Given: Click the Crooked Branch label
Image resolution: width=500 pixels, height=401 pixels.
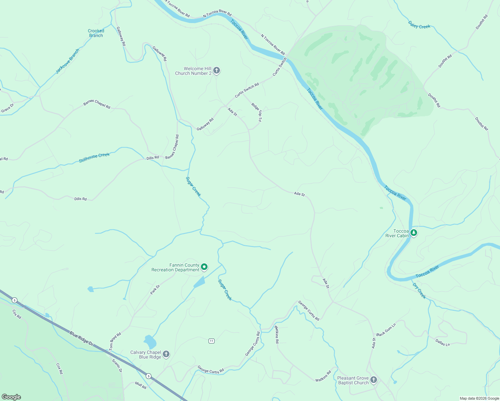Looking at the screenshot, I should [x=96, y=33].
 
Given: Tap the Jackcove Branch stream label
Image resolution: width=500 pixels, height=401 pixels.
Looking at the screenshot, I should [x=68, y=61].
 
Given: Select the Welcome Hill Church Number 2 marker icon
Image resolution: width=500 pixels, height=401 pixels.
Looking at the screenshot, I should [x=217, y=71].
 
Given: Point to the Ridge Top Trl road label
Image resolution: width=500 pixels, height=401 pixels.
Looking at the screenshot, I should [x=257, y=112].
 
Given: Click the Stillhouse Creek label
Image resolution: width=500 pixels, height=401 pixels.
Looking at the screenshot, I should [x=94, y=158].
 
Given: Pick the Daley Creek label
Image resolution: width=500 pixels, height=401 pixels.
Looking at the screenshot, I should [x=419, y=25].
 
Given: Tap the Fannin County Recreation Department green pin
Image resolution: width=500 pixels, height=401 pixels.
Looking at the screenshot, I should [x=204, y=267].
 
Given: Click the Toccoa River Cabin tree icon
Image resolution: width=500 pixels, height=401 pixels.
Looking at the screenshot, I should [x=414, y=233].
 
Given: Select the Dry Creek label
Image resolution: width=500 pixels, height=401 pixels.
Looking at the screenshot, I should [x=419, y=291].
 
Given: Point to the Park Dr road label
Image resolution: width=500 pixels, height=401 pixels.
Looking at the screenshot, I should [x=155, y=289].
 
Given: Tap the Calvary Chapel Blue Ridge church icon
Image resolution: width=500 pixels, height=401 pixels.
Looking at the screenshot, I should [x=166, y=355].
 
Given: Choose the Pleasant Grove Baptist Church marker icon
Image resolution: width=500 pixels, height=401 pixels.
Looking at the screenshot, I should [x=374, y=380].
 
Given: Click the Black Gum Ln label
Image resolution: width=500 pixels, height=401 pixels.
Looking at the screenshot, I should [x=386, y=330].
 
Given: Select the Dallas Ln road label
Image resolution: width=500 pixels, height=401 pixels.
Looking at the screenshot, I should [x=443, y=342].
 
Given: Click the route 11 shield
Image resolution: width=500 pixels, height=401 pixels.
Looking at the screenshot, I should [x=211, y=341].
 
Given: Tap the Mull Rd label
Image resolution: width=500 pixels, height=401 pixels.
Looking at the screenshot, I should [x=141, y=385].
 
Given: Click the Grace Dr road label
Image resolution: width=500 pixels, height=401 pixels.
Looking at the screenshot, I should [x=7, y=108].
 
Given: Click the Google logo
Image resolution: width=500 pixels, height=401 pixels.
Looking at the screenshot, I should [x=11, y=397].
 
